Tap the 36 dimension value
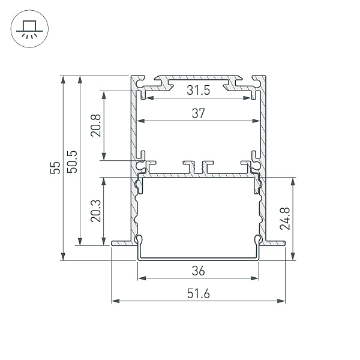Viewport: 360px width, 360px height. point(199,271)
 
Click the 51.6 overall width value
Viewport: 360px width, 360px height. point(198,293)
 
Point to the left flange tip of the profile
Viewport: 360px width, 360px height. point(114,243)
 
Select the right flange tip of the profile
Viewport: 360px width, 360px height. point(282,243)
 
